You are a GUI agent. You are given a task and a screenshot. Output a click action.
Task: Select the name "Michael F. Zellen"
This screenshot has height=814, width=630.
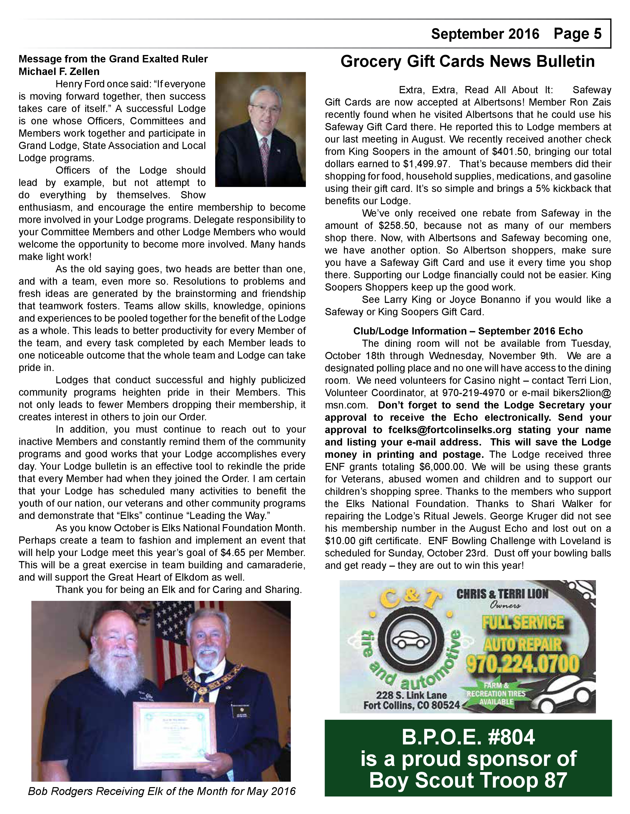(59, 71)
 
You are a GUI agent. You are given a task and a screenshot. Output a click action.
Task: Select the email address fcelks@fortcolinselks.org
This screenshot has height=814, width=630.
(449, 430)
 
